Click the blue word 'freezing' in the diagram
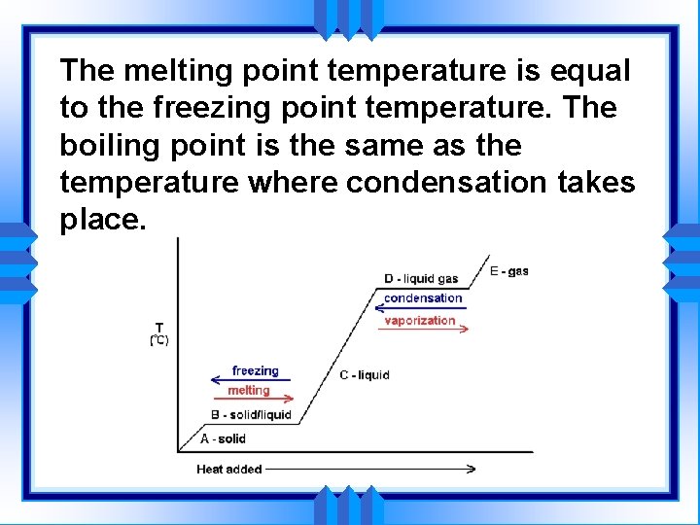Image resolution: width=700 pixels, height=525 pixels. tap(255, 370)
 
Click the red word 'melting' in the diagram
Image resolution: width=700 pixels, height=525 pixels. tap(248, 390)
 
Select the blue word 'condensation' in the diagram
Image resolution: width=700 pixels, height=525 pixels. tap(423, 298)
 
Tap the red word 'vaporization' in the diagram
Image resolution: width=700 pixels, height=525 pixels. tap(420, 320)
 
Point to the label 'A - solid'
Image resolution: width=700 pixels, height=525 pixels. tap(223, 438)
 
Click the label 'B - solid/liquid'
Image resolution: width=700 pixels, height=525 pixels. tap(251, 414)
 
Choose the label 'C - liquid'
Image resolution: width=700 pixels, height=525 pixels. tap(364, 374)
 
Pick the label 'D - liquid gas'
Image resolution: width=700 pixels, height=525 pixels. tap(421, 279)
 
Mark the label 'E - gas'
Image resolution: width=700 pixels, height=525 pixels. tap(509, 270)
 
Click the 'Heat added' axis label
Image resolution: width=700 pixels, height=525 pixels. tap(228, 469)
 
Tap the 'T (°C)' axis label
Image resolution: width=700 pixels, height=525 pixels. tap(158, 333)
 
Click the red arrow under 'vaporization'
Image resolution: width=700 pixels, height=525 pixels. tap(423, 330)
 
